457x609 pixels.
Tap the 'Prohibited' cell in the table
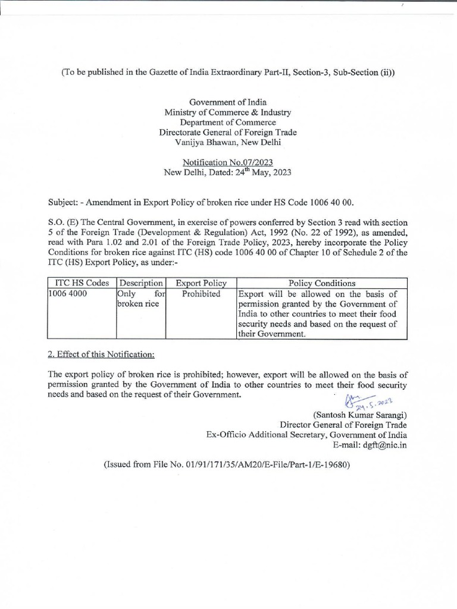coord(201,294)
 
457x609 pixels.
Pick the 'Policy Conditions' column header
coord(322,284)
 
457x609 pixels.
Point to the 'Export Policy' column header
coord(201,284)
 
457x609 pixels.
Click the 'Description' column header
coord(141,284)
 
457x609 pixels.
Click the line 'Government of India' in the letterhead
coord(228,102)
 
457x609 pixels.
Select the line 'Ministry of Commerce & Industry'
coord(228,112)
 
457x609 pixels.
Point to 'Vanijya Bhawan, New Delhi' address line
coord(228,142)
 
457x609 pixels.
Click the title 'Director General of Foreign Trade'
coord(343,425)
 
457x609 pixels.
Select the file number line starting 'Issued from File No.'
coord(228,464)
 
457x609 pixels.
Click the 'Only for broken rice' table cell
coord(141,299)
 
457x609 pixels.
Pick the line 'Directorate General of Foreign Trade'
coord(228,132)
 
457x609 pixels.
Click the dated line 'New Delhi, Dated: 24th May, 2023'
coord(228,172)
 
